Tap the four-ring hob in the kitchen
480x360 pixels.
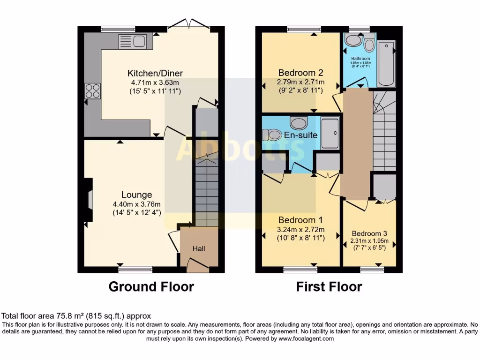click(92, 90)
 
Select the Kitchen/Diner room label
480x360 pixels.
click(155, 73)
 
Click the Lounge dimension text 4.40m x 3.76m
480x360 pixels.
click(136, 204)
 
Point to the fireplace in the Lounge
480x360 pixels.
click(89, 200)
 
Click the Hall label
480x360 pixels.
click(199, 248)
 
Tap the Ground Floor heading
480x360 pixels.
click(151, 286)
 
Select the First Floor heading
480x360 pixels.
click(329, 286)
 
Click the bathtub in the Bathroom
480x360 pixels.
click(386, 63)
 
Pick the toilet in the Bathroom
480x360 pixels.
click(369, 44)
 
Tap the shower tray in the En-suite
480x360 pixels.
click(330, 134)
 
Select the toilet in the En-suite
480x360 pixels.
click(272, 135)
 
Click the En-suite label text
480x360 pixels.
click(300, 135)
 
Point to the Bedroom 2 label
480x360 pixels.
click(300, 73)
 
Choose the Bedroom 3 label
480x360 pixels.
click(369, 233)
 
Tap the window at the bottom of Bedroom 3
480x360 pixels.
click(372, 270)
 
